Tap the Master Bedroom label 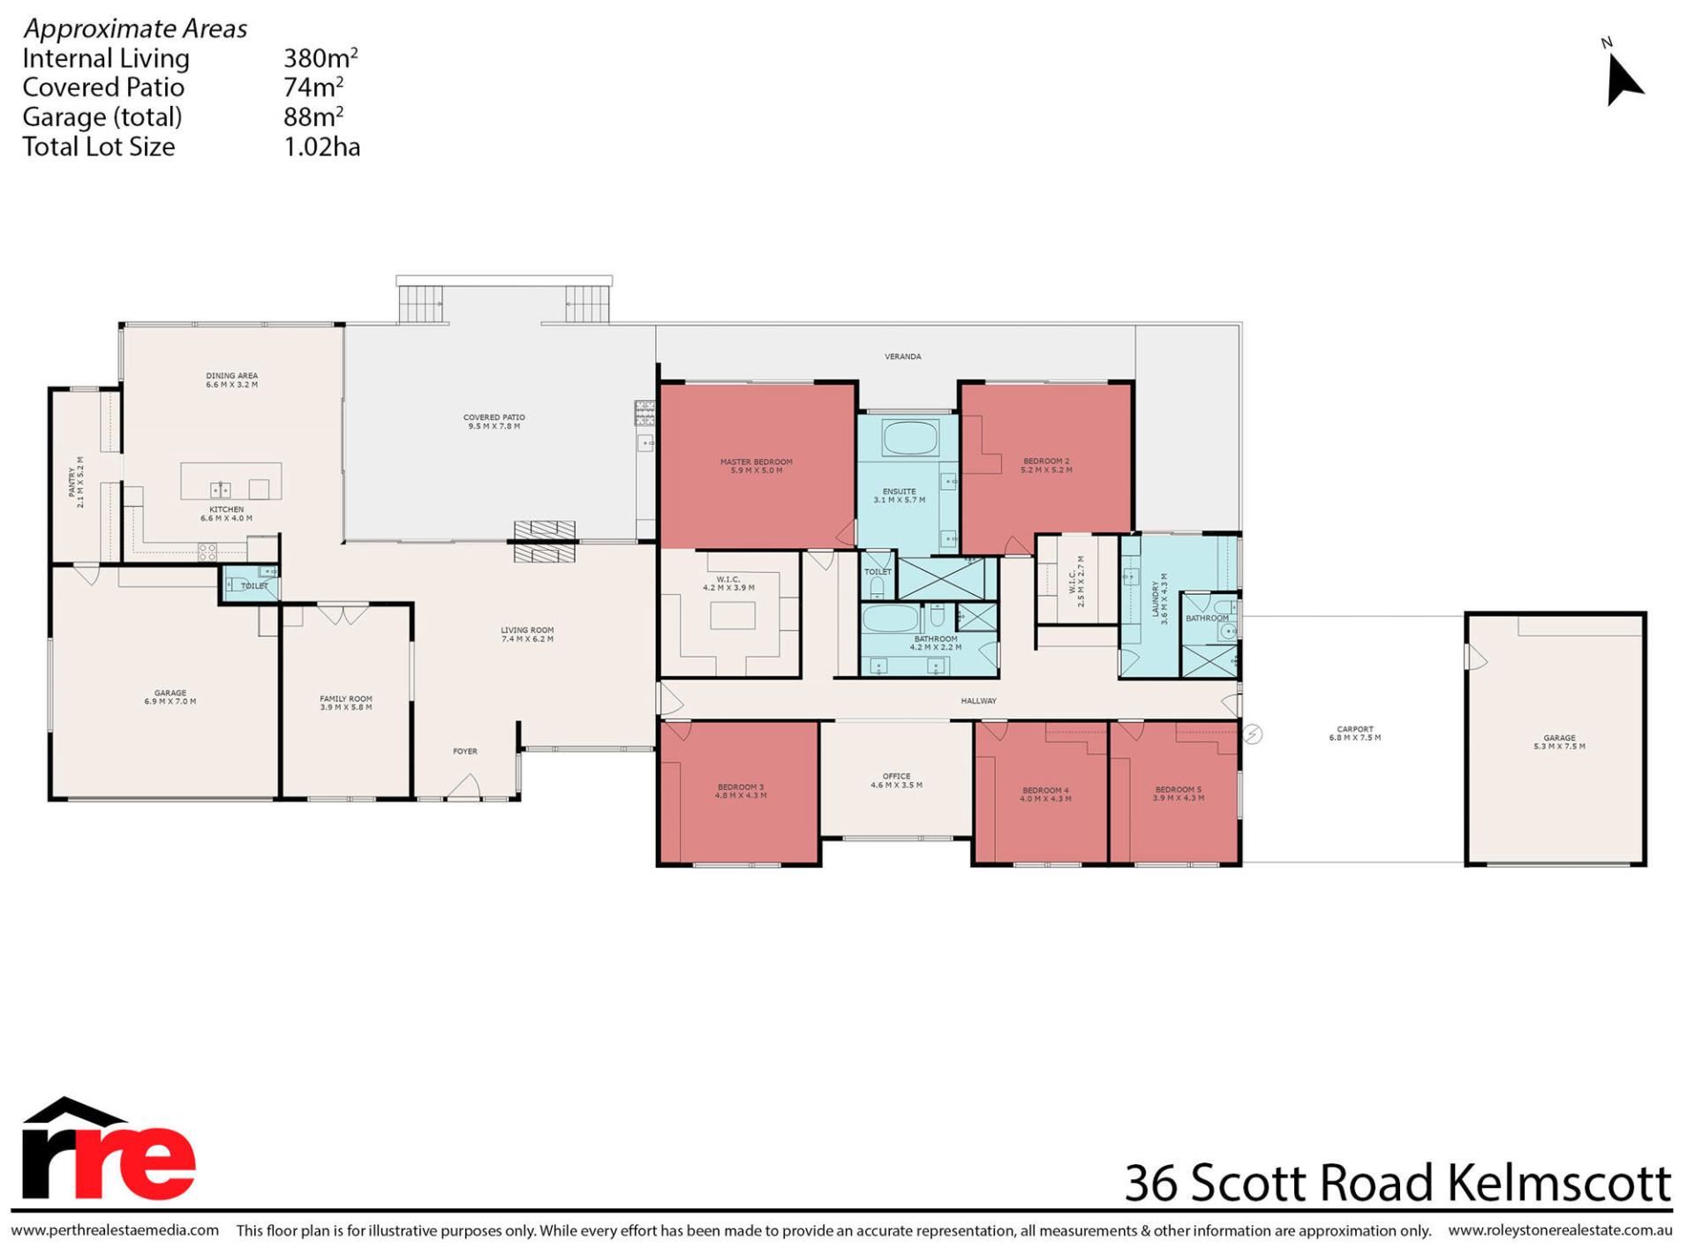pyautogui.click(x=756, y=466)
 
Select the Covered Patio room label pyautogui.click(x=493, y=422)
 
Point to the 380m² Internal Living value pyautogui.click(x=320, y=57)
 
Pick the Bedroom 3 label pyautogui.click(x=741, y=791)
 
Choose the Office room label pyautogui.click(x=896, y=780)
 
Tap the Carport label pyautogui.click(x=1355, y=734)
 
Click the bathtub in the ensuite pyautogui.click(x=908, y=437)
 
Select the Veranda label pyautogui.click(x=902, y=357)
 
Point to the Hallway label pyautogui.click(x=978, y=701)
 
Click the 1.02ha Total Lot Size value pyautogui.click(x=321, y=147)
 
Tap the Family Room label pyautogui.click(x=345, y=703)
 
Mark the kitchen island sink pyautogui.click(x=220, y=490)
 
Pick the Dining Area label pyautogui.click(x=231, y=380)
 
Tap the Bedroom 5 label pyautogui.click(x=1178, y=794)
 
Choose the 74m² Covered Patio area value pyautogui.click(x=313, y=87)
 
